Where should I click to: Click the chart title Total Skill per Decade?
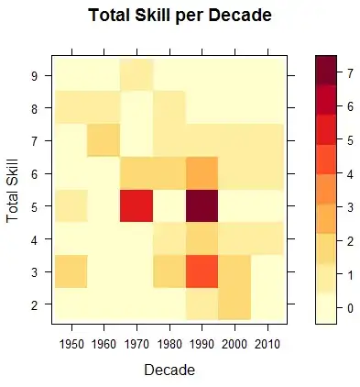tap(180, 16)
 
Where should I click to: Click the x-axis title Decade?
tap(169, 370)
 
